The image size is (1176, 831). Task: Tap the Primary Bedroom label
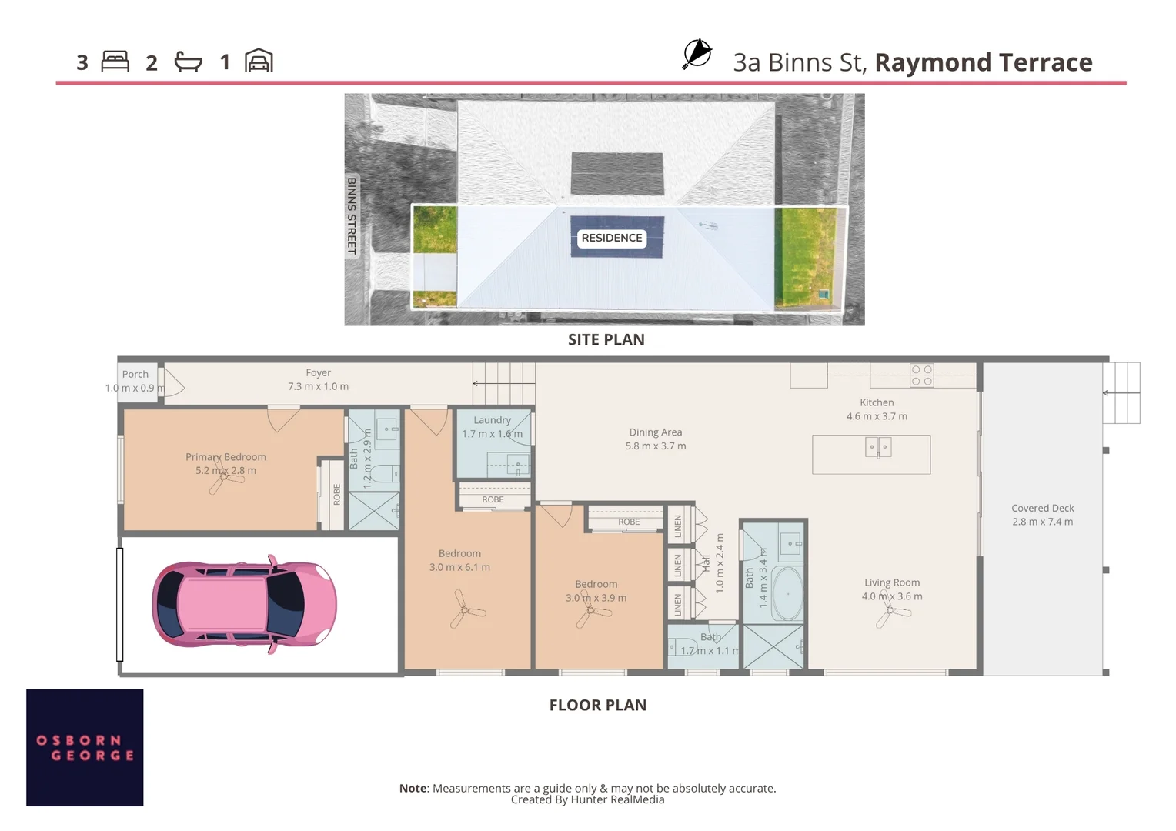(x=226, y=457)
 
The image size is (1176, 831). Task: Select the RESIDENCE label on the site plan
(x=612, y=238)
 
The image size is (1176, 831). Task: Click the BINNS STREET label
(x=352, y=215)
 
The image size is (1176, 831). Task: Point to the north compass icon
(x=697, y=54)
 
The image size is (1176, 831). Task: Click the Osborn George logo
(x=85, y=747)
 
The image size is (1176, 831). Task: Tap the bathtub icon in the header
(x=188, y=62)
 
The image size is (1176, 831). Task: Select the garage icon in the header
(x=259, y=61)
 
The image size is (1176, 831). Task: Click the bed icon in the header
(x=115, y=62)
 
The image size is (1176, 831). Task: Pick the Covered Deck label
(x=1042, y=508)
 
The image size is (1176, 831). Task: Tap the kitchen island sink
(x=877, y=447)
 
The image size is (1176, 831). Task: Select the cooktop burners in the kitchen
(x=922, y=375)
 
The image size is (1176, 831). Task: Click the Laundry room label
(x=492, y=420)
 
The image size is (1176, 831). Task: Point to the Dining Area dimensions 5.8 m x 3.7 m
(x=656, y=446)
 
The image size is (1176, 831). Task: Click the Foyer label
(x=318, y=372)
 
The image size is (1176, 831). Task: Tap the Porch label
(x=135, y=375)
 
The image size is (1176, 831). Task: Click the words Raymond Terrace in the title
(x=984, y=62)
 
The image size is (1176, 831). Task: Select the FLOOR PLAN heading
(x=597, y=705)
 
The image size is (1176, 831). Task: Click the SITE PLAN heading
(x=606, y=339)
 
